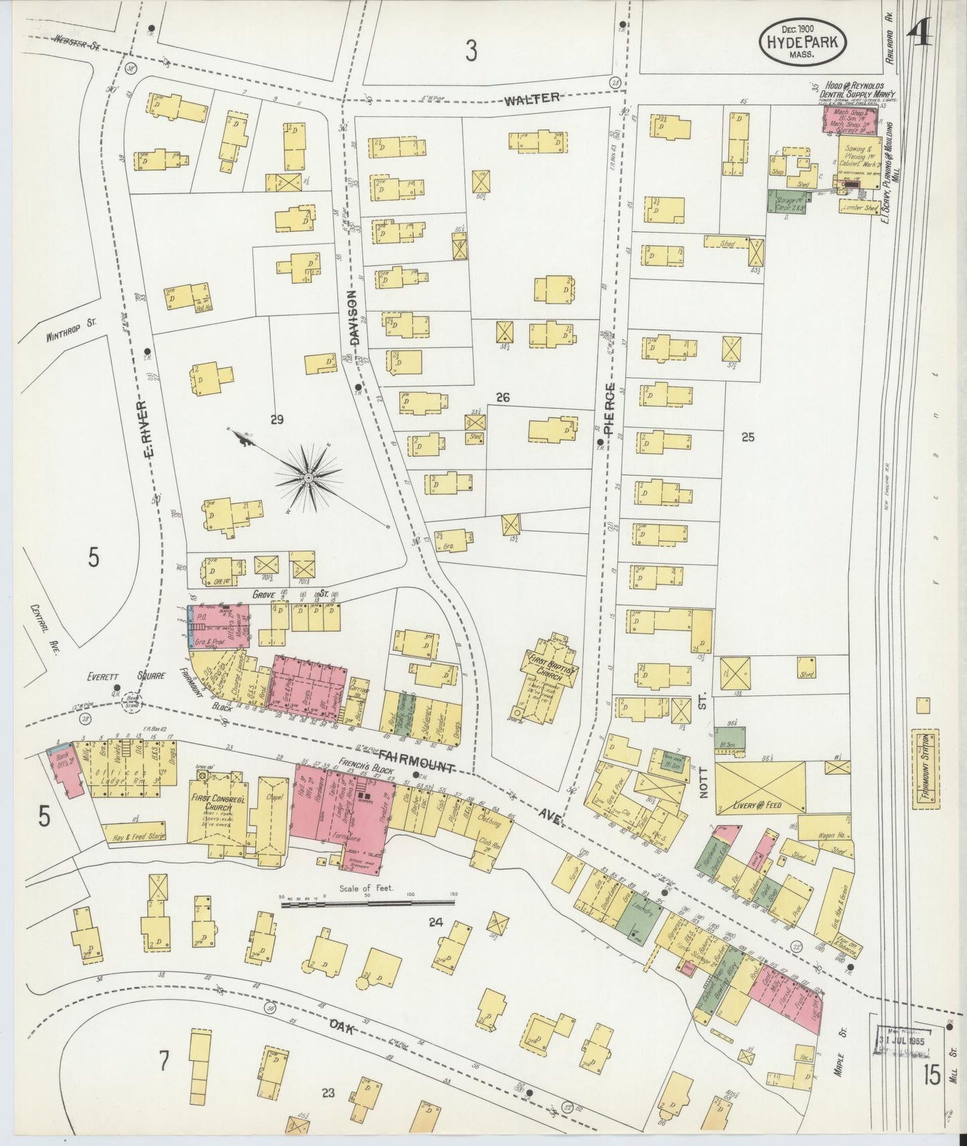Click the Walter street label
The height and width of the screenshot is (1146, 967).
pos(531,99)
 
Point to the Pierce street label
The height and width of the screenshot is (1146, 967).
pos(608,410)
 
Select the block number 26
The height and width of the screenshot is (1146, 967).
pos(503,398)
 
